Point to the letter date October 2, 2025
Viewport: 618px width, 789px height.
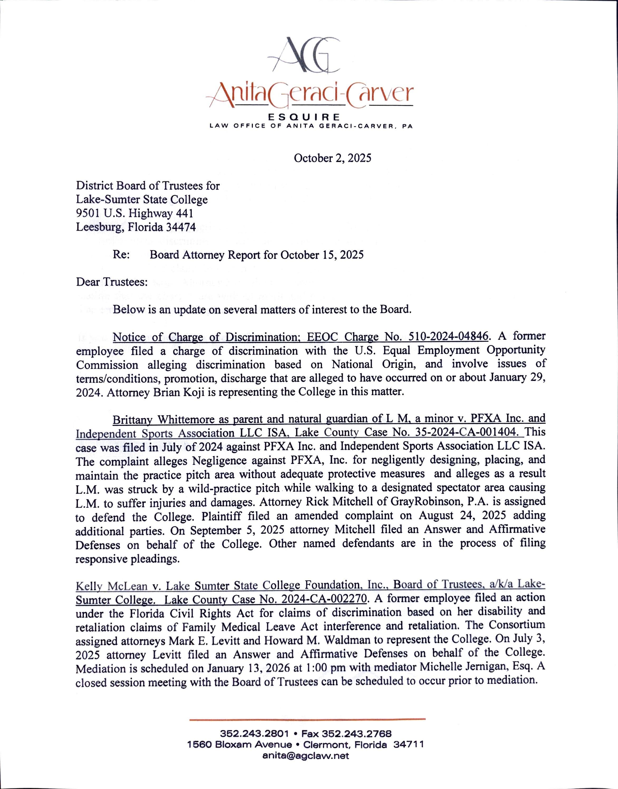click(332, 158)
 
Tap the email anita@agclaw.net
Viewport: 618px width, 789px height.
click(306, 756)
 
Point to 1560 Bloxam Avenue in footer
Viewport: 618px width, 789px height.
click(240, 745)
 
